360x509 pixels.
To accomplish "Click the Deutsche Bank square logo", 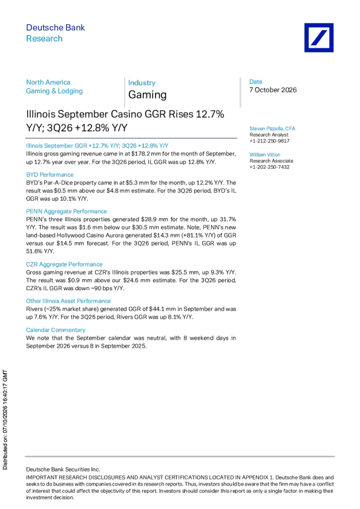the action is (319, 37).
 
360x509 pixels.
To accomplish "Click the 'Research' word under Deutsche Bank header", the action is (44, 39).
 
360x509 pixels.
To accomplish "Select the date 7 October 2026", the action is (273, 90).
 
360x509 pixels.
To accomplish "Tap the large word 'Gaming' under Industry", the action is (148, 95).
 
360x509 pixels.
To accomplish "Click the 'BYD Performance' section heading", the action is (50, 175).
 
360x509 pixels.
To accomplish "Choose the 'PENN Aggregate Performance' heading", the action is (67, 212).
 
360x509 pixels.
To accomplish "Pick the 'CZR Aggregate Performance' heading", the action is (64, 264).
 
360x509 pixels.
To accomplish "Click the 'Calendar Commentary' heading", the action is (56, 330).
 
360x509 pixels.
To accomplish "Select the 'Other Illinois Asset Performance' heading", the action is (68, 301).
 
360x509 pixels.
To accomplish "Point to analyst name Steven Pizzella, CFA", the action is (272, 129).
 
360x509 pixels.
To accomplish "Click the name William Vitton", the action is (265, 155).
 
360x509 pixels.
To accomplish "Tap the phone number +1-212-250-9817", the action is (269, 141).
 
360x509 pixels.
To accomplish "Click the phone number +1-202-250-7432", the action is (269, 167).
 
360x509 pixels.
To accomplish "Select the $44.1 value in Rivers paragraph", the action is (156, 309).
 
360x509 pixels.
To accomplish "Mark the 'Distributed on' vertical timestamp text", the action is (5, 420).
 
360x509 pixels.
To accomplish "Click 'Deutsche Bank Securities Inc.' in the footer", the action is (63, 469).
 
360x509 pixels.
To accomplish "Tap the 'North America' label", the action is (48, 82).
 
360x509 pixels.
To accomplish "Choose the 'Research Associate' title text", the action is (271, 161).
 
